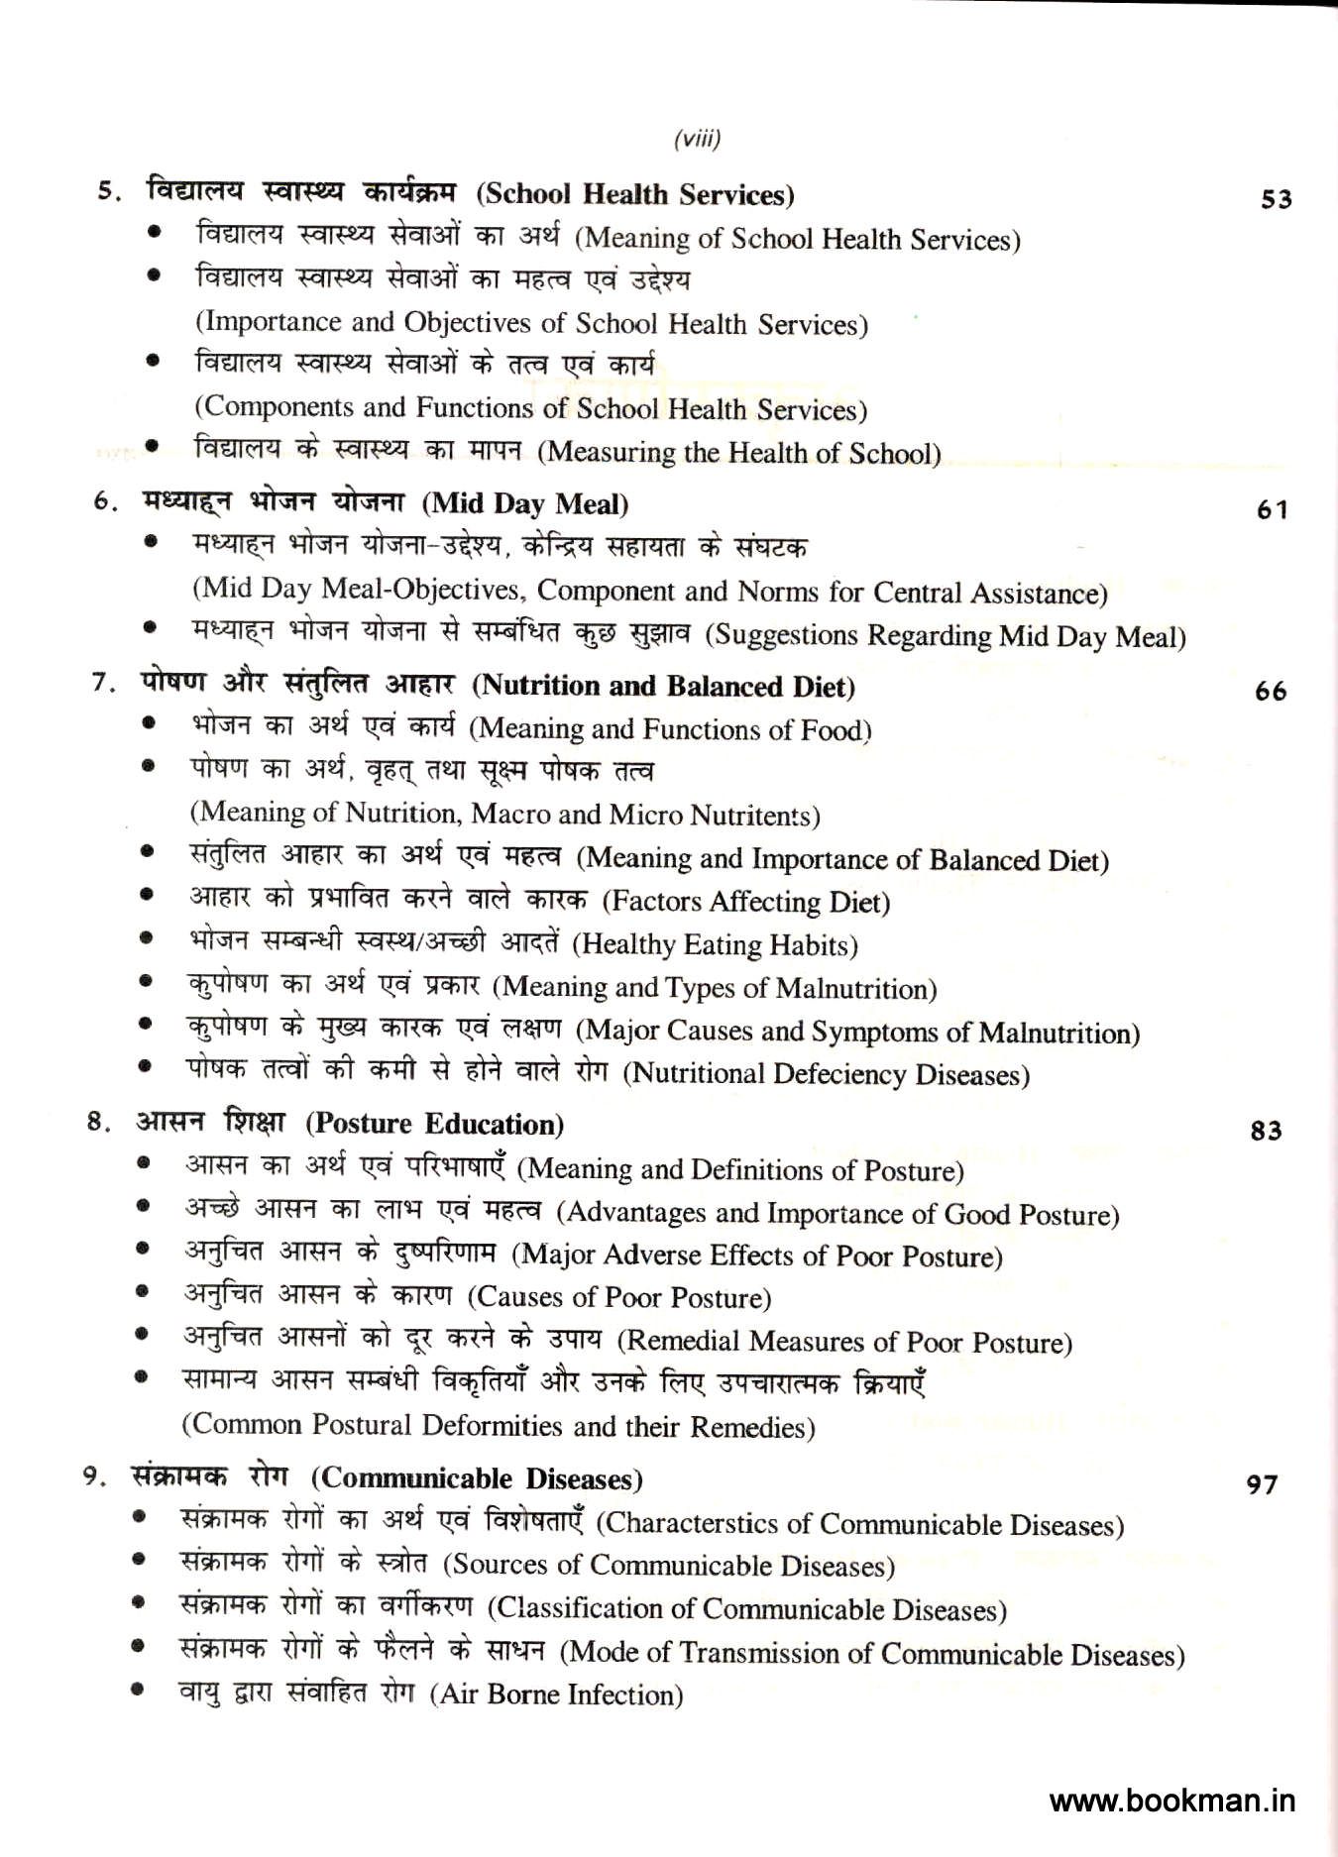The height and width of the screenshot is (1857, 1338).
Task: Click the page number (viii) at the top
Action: point(697,139)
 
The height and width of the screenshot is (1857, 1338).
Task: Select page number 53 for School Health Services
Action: point(1277,199)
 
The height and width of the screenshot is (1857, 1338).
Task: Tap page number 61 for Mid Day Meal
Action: point(1273,510)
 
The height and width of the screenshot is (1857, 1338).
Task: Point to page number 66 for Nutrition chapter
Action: point(1271,692)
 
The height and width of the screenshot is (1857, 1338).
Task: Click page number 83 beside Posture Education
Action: point(1267,1131)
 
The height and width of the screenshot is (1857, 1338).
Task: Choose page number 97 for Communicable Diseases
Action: point(1263,1484)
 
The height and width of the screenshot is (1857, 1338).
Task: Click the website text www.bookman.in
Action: point(1172,1801)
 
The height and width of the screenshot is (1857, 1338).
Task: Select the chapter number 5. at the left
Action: point(109,191)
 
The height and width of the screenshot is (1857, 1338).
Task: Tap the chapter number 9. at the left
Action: point(95,1476)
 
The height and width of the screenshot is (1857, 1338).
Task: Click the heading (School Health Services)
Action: point(635,194)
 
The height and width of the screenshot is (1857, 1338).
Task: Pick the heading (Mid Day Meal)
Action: point(525,504)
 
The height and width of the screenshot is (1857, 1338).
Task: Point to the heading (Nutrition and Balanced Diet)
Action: point(663,687)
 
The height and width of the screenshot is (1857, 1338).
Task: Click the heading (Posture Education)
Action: point(435,1125)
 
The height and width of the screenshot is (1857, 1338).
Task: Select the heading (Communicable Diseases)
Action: point(477,1479)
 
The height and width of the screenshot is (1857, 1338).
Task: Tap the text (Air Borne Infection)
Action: point(557,1694)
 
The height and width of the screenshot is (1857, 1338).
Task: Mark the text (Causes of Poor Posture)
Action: point(619,1298)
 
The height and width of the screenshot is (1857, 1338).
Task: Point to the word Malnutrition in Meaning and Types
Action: point(855,989)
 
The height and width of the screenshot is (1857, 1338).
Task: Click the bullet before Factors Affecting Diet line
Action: point(147,895)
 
